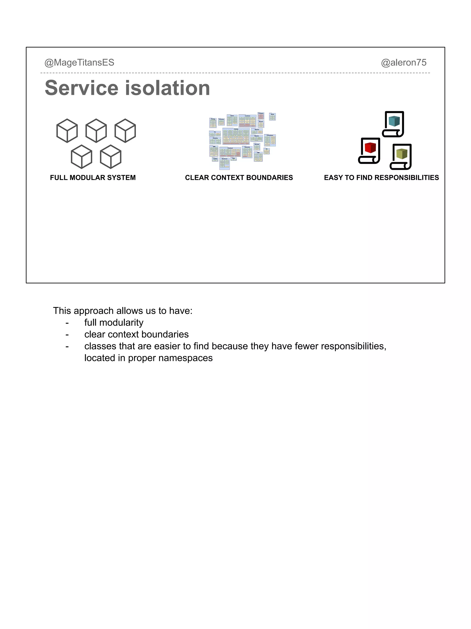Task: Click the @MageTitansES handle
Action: click(79, 63)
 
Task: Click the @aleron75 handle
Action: click(403, 63)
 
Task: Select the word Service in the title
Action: click(81, 88)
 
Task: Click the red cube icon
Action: click(370, 148)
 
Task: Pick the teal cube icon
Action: click(394, 121)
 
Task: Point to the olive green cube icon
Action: click(402, 154)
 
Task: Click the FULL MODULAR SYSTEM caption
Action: click(93, 178)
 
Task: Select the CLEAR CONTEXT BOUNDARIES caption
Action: click(239, 178)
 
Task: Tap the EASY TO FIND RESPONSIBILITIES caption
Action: click(381, 178)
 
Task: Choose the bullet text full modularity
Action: click(114, 323)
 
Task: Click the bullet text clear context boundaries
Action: click(136, 334)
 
